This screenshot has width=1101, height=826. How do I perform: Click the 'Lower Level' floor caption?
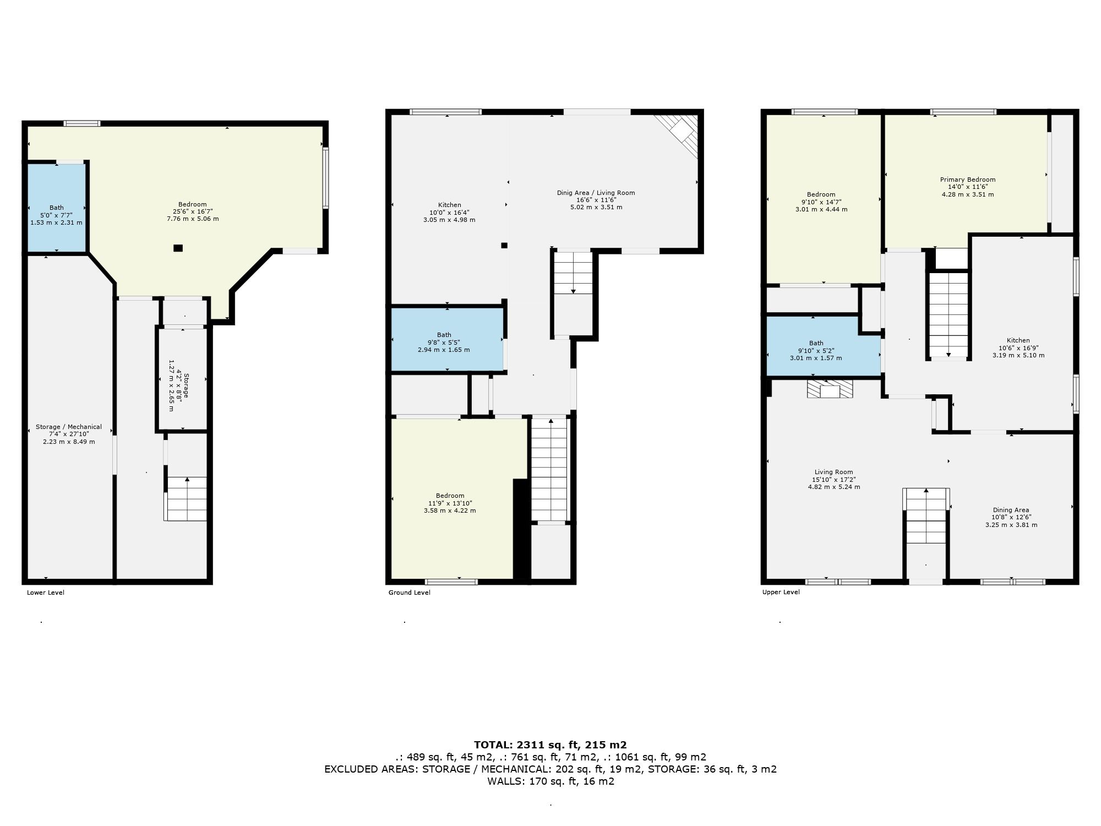point(46,593)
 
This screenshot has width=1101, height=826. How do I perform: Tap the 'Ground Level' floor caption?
point(410,593)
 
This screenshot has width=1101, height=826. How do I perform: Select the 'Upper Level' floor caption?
point(781,592)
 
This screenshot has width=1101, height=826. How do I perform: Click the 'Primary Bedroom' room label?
point(968,180)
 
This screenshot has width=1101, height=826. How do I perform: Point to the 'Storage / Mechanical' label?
point(69,427)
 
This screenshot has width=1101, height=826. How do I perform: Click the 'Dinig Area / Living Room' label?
point(596,193)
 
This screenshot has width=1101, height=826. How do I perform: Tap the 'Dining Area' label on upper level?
point(1011,510)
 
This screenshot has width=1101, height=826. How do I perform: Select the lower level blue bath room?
point(57,208)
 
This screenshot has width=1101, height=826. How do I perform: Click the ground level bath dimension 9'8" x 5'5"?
point(444,342)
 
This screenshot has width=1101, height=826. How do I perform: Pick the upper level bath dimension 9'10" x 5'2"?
point(816,351)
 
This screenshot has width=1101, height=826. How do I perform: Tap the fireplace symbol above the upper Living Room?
point(830,389)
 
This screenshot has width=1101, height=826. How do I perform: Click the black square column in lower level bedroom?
point(178,248)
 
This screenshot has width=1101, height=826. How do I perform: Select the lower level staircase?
point(187,498)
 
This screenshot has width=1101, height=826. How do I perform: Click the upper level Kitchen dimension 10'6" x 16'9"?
point(1018,347)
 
